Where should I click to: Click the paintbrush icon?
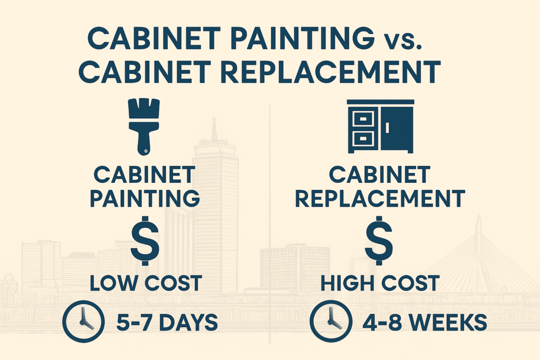click(x=143, y=127)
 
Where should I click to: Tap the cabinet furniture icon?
click(x=381, y=127)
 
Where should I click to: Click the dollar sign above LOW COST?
click(x=145, y=240)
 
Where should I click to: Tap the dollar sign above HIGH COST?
click(x=379, y=240)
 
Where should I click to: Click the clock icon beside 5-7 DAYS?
click(x=83, y=321)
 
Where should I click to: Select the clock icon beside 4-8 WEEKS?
click(x=331, y=321)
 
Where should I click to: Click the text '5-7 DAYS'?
click(x=167, y=323)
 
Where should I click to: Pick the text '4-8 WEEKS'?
click(x=425, y=323)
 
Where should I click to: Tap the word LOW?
click(x=113, y=283)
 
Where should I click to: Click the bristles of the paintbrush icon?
click(x=143, y=109)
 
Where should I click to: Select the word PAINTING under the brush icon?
click(x=144, y=198)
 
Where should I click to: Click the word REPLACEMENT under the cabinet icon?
click(x=380, y=198)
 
